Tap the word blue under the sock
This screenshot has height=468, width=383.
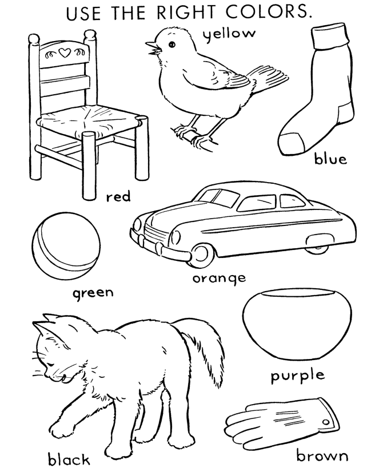[330, 159]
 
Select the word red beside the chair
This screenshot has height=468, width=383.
[118, 197]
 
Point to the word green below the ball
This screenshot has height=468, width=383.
[93, 293]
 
